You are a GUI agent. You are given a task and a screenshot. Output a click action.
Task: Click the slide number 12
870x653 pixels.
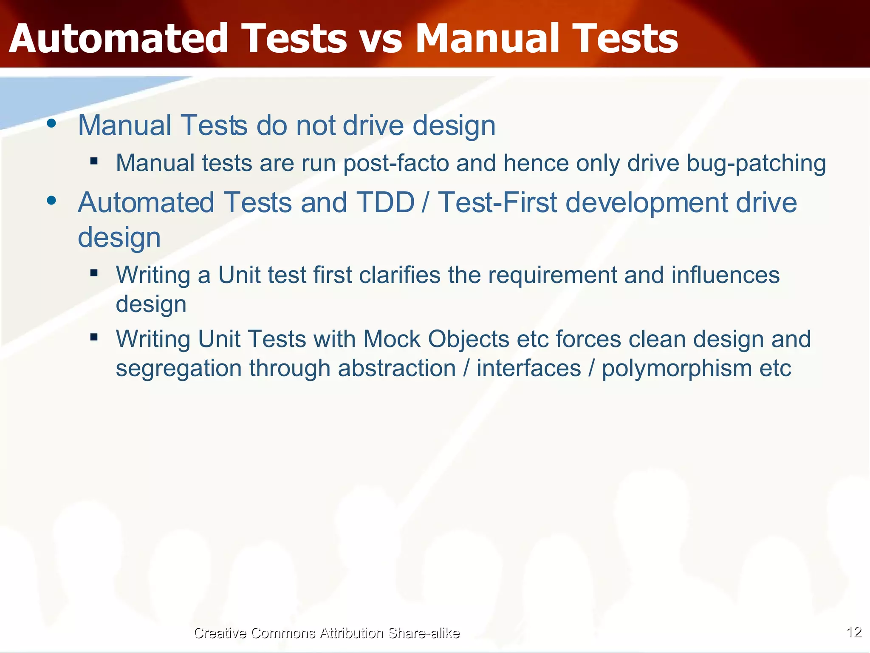click(x=854, y=632)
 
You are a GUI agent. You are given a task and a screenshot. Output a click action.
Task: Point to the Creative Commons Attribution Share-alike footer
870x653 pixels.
click(x=326, y=633)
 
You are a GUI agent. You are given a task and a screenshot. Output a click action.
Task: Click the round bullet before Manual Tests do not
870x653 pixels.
click(x=52, y=124)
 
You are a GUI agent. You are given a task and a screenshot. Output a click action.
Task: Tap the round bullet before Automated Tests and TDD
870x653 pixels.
click(x=52, y=201)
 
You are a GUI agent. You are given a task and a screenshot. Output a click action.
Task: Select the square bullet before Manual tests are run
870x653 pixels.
click(x=94, y=161)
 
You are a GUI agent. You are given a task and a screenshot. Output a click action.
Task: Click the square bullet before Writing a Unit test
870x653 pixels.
click(x=94, y=273)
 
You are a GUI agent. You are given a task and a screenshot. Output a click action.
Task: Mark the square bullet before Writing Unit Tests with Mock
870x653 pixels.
click(x=94, y=337)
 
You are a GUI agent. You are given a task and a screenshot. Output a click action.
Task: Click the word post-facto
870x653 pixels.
click(x=396, y=164)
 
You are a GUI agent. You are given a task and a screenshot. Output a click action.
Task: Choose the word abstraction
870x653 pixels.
click(x=397, y=368)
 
